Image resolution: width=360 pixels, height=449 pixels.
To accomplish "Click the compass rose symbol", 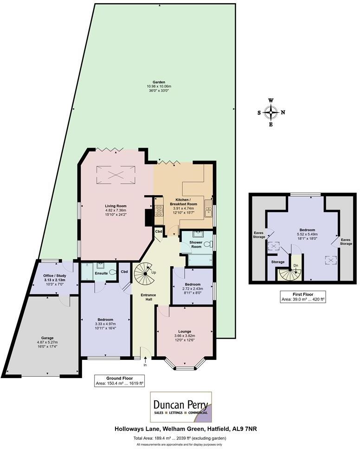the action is pyautogui.click(x=271, y=112).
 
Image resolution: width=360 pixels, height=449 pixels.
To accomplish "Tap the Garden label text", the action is pyautogui.click(x=159, y=82).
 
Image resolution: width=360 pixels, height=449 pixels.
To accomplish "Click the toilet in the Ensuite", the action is pyautogui.click(x=113, y=272).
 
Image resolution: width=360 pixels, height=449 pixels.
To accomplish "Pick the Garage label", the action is pyautogui.click(x=47, y=338).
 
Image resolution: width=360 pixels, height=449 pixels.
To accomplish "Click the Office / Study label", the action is pyautogui.click(x=55, y=276).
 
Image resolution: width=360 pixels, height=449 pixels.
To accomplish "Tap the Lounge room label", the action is pyautogui.click(x=185, y=332).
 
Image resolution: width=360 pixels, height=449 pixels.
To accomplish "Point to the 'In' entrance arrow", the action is pyautogui.click(x=145, y=359).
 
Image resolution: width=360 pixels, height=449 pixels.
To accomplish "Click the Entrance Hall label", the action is pyautogui.click(x=148, y=297).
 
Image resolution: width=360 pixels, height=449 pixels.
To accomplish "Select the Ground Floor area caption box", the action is pyautogui.click(x=119, y=381).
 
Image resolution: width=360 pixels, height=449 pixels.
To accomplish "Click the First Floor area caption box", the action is pyautogui.click(x=303, y=297).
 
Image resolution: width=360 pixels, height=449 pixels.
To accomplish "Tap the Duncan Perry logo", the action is pyautogui.click(x=181, y=407).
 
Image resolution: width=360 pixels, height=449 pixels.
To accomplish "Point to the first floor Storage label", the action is pyautogui.click(x=278, y=262).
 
